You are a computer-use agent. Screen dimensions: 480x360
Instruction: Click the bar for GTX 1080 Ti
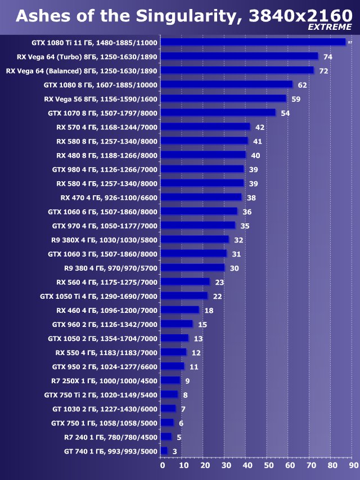click(253, 42)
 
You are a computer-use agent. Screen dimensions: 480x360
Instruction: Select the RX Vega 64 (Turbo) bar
click(239, 56)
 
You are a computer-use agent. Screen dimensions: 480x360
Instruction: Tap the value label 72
click(323, 71)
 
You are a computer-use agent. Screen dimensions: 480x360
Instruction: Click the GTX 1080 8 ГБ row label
click(101, 85)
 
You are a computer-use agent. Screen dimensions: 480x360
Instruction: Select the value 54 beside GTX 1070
click(285, 113)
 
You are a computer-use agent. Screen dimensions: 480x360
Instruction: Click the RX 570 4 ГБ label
click(107, 127)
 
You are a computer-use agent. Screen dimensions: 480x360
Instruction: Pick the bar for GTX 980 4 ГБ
click(202, 169)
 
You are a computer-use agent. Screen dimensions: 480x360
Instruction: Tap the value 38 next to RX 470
click(251, 198)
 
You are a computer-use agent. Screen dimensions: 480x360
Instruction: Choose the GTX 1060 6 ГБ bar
click(199, 212)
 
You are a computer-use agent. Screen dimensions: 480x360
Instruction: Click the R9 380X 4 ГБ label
click(104, 240)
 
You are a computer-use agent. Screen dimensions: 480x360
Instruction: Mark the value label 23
click(219, 282)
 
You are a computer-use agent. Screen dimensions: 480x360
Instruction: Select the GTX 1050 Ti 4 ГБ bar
click(184, 296)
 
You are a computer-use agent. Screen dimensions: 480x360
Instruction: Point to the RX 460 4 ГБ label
click(107, 310)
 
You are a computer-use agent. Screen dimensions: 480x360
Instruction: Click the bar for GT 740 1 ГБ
click(164, 451)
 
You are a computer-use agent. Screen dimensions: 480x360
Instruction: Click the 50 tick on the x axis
click(268, 465)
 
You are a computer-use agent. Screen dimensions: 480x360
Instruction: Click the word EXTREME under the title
click(330, 27)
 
